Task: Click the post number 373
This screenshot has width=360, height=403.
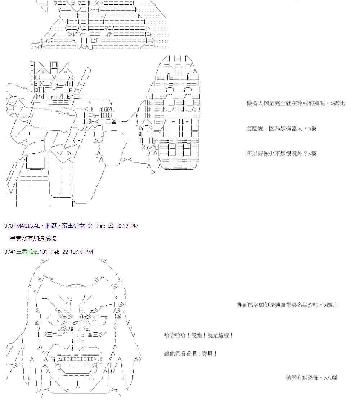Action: pos(9,226)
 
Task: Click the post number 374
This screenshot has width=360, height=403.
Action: pos(9,252)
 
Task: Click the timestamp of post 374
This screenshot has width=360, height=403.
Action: pos(67,252)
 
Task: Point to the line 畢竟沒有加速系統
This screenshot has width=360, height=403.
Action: pos(33,239)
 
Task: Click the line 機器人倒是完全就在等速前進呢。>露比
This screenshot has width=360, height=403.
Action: pos(295,103)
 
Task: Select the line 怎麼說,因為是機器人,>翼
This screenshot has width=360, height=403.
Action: pos(282,128)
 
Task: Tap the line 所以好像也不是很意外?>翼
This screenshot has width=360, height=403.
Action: pos(282,154)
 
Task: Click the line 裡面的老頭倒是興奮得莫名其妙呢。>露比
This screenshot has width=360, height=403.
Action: pos(287,305)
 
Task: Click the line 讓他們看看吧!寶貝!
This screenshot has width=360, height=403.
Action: pos(190,353)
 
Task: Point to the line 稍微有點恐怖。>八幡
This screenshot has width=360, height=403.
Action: pos(311,378)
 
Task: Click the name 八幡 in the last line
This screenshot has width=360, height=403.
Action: pos(332,378)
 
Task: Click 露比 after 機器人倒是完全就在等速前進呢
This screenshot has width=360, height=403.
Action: pos(339,103)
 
